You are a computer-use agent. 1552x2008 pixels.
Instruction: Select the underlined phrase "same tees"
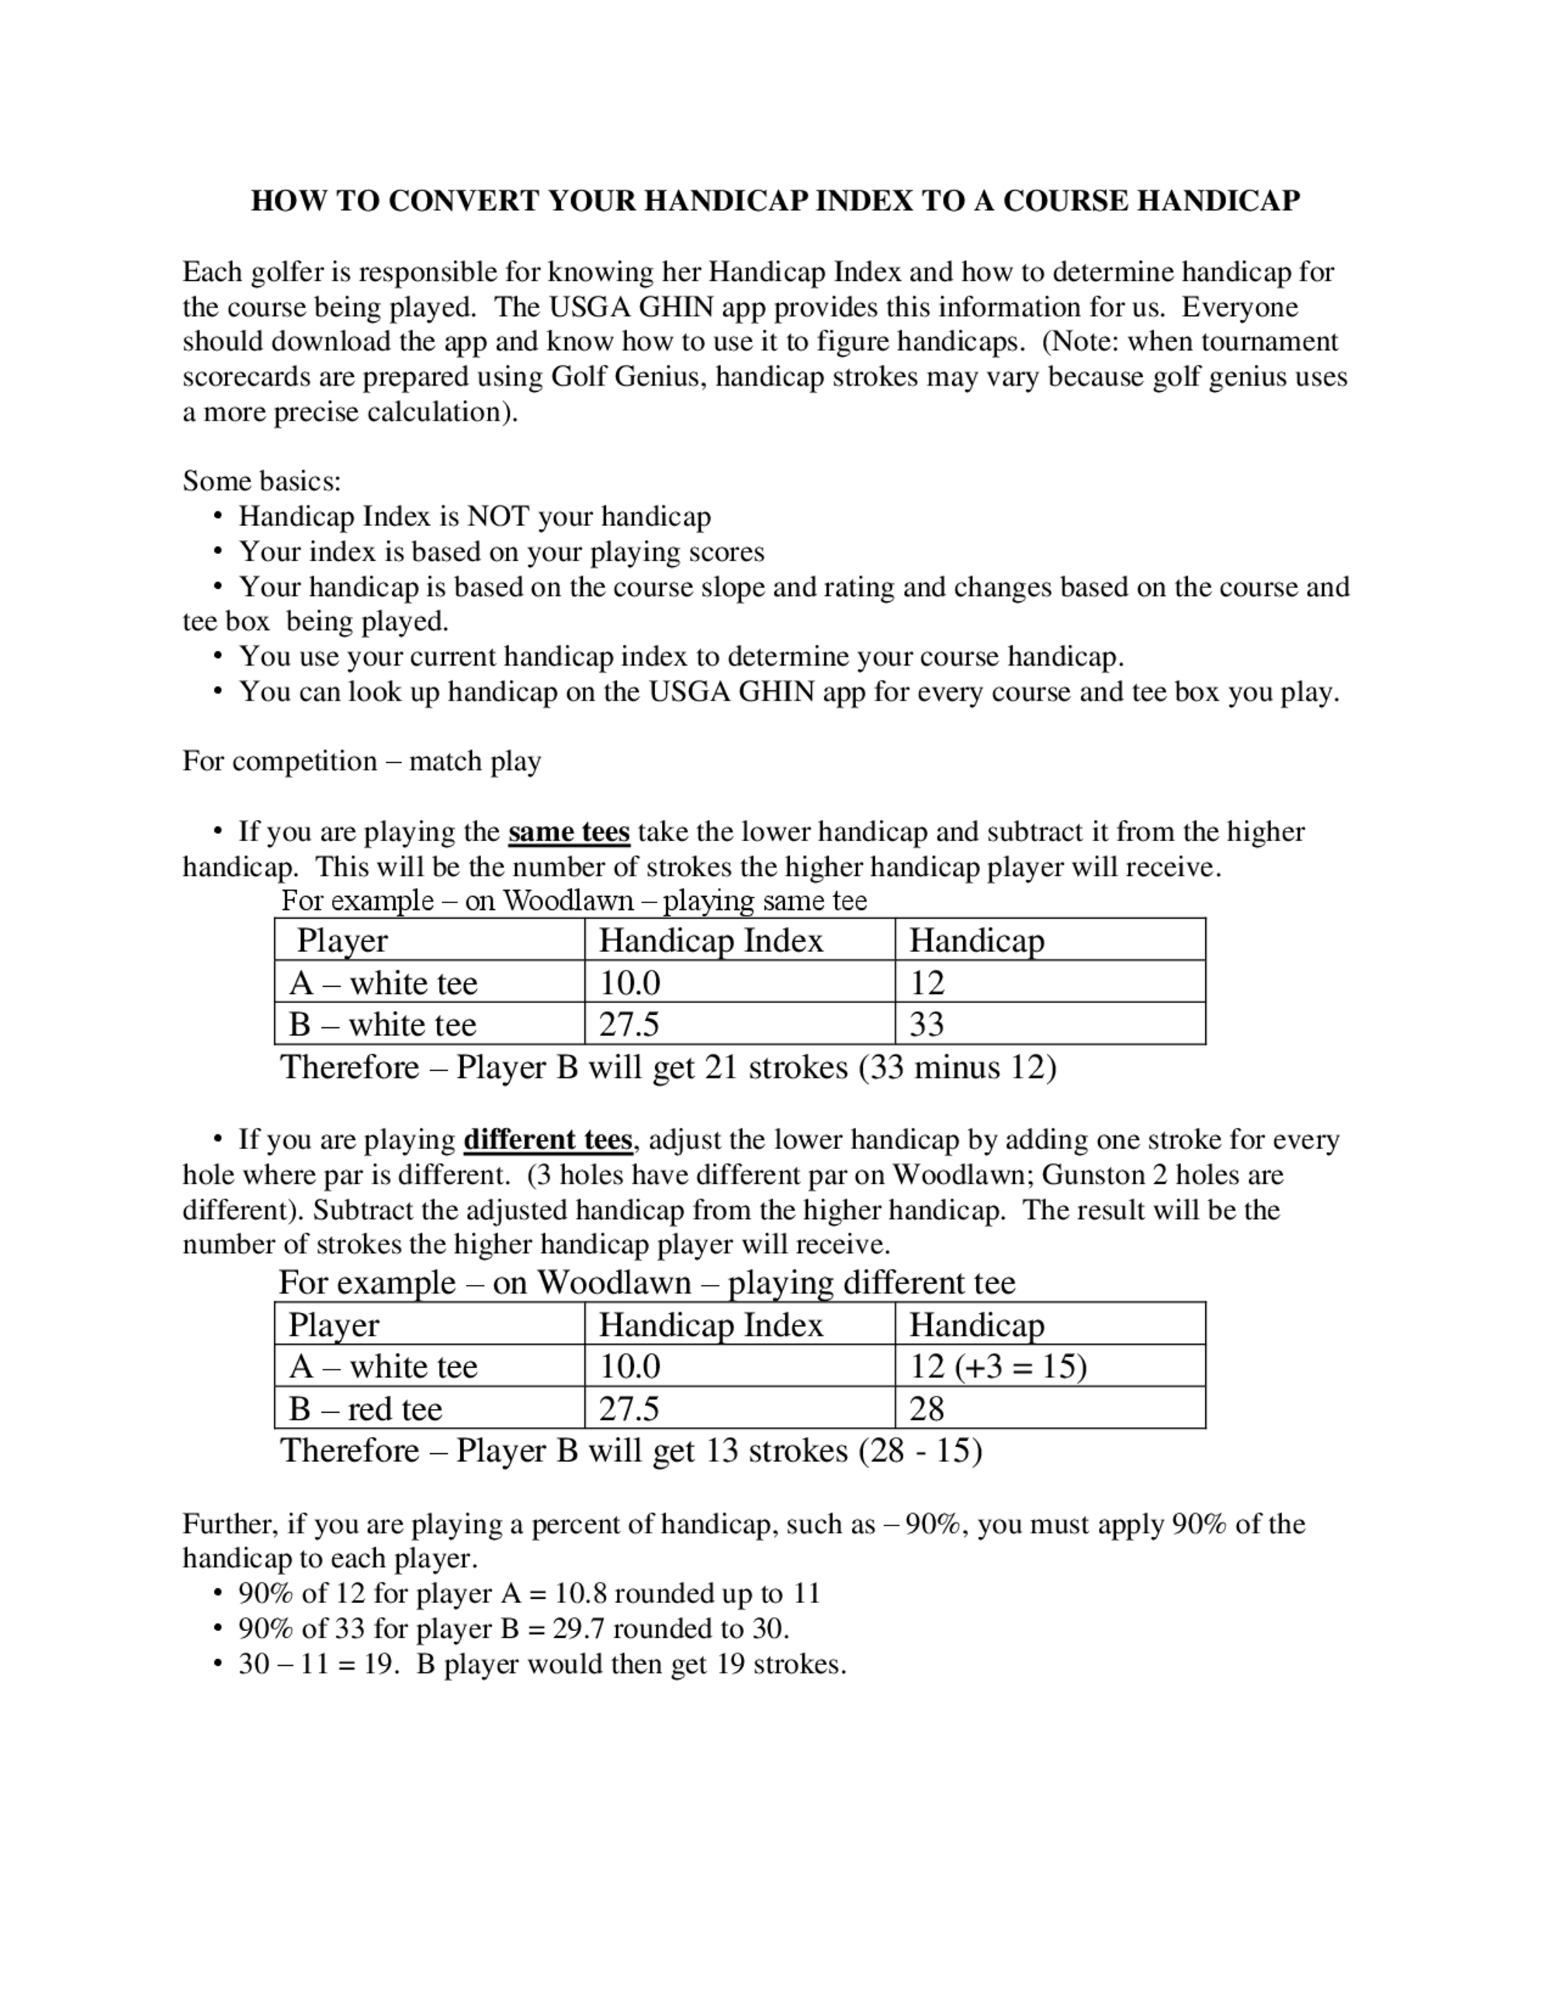568,832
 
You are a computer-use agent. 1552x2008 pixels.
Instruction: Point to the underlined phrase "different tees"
547,1140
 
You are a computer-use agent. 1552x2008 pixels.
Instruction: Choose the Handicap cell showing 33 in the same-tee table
927,1024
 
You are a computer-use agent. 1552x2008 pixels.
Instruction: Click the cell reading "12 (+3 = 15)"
998,1366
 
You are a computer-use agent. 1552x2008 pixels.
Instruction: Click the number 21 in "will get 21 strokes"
723,1068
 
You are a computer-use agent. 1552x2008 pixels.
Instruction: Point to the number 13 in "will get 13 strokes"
723,1451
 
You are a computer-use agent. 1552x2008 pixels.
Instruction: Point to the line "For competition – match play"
362,761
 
